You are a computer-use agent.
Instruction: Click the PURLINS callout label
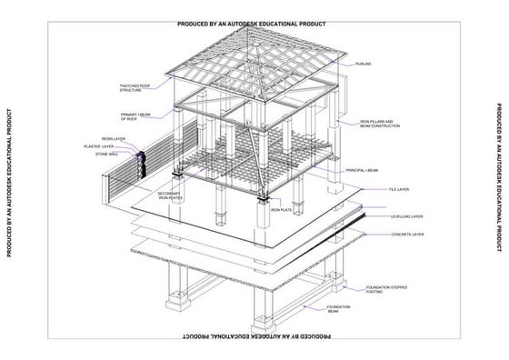(x=363, y=64)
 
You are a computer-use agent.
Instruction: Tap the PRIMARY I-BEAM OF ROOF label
(x=135, y=116)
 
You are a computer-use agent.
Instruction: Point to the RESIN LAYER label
(x=114, y=139)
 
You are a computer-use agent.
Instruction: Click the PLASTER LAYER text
(x=99, y=146)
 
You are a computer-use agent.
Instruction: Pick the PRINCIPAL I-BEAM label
(x=362, y=170)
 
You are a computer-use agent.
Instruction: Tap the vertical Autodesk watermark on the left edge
(x=7, y=180)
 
